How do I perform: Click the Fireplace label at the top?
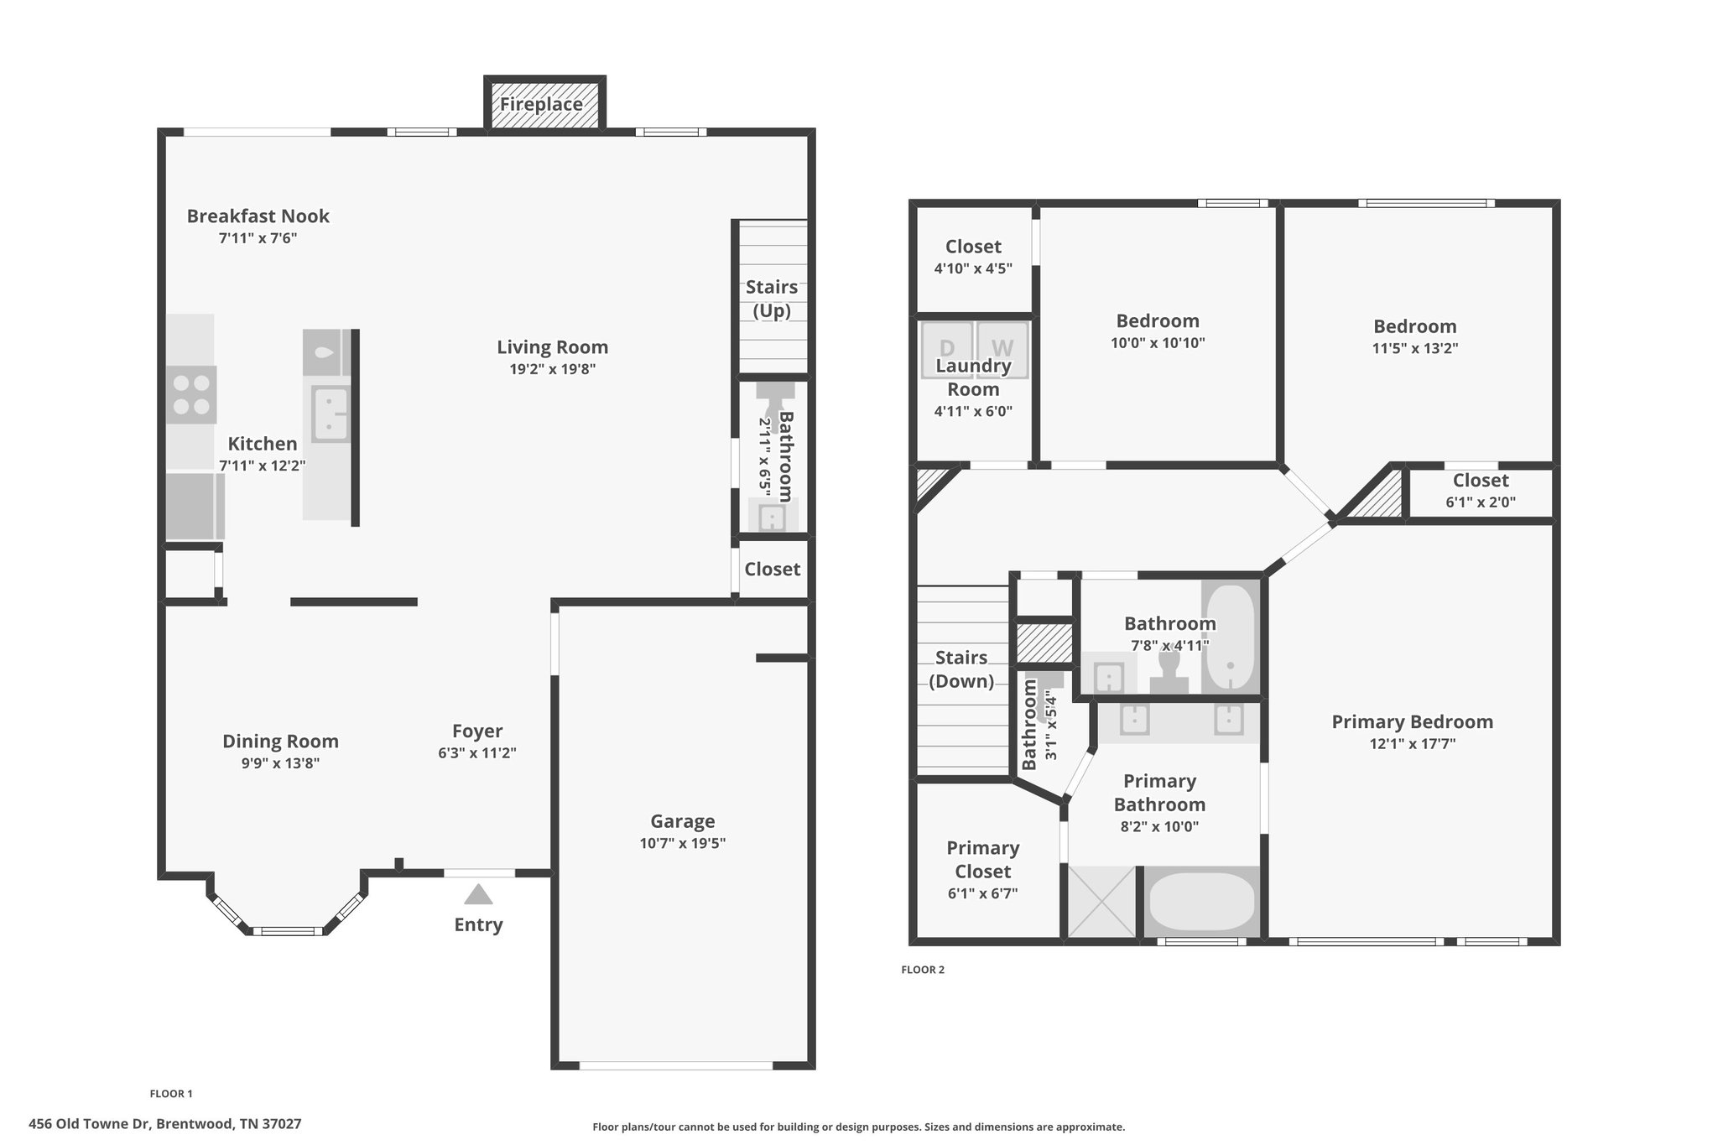pyautogui.click(x=542, y=104)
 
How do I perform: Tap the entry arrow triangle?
pyautogui.click(x=478, y=894)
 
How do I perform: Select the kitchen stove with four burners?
pyautogui.click(x=191, y=394)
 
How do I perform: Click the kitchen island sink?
pyautogui.click(x=330, y=414)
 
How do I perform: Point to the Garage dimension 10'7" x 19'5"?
pyautogui.click(x=683, y=843)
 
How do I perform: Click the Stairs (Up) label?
pyautogui.click(x=772, y=299)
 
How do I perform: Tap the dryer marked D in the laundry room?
pyautogui.click(x=947, y=348)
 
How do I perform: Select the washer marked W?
pyautogui.click(x=1002, y=348)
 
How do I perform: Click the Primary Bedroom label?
pyautogui.click(x=1413, y=721)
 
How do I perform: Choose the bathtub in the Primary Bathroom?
pyautogui.click(x=1201, y=902)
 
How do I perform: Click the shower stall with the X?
pyautogui.click(x=1101, y=902)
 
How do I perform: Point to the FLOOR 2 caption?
pyautogui.click(x=923, y=970)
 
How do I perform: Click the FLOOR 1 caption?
pyautogui.click(x=171, y=1094)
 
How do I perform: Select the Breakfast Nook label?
pyautogui.click(x=258, y=216)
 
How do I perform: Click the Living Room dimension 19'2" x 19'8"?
pyautogui.click(x=553, y=369)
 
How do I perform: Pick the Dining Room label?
pyautogui.click(x=281, y=741)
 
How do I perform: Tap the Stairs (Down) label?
pyautogui.click(x=961, y=669)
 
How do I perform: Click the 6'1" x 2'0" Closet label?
pyautogui.click(x=1481, y=481)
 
